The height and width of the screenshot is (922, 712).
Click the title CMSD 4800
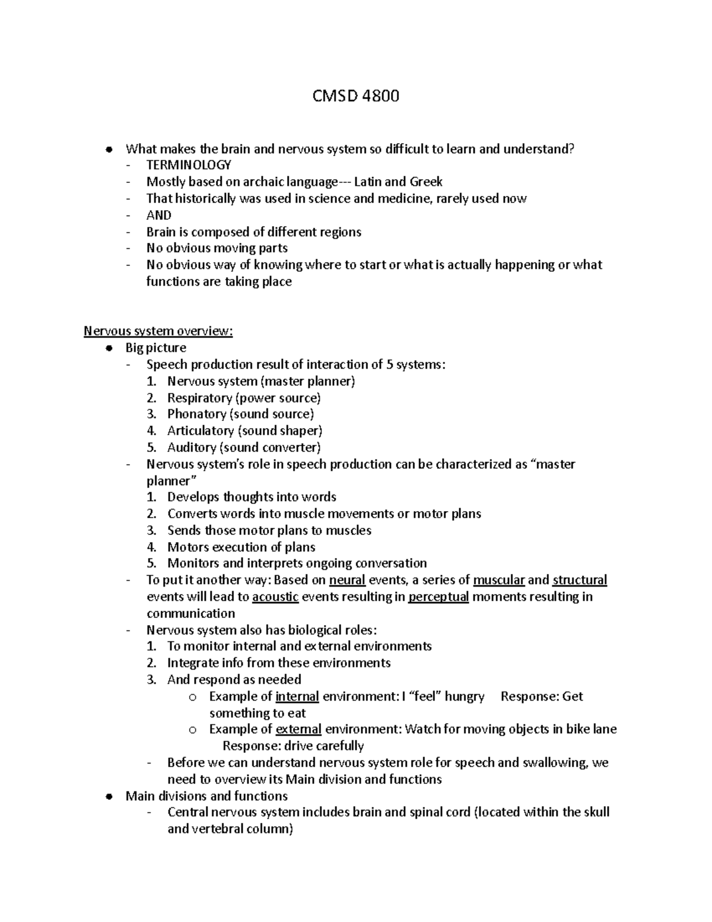pyautogui.click(x=356, y=96)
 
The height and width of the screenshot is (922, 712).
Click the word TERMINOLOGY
pyautogui.click(x=189, y=165)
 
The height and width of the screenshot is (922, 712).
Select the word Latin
pyautogui.click(x=368, y=182)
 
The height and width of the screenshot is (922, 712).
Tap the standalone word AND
pyautogui.click(x=159, y=215)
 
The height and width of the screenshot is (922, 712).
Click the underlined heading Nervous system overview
pyautogui.click(x=158, y=331)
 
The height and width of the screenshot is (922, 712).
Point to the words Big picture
pyautogui.click(x=156, y=348)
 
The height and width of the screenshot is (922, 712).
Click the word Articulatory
pyautogui.click(x=201, y=431)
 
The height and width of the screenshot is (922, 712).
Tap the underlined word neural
pyautogui.click(x=347, y=580)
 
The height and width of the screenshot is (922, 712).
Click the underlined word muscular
pyautogui.click(x=499, y=580)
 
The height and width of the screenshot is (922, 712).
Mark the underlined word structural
pyautogui.click(x=580, y=580)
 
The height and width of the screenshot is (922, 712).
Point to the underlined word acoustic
pyautogui.click(x=275, y=597)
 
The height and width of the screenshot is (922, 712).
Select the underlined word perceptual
pyautogui.click(x=438, y=597)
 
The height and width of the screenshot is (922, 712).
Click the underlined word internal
pyautogui.click(x=298, y=696)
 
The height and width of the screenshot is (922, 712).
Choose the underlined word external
pyautogui.click(x=298, y=729)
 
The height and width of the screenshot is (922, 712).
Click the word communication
pyautogui.click(x=190, y=613)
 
